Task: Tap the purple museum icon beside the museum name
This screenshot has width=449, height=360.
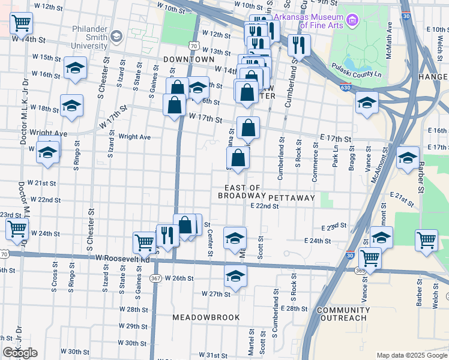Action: [352, 22]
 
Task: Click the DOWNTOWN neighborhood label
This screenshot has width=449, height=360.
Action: [188, 60]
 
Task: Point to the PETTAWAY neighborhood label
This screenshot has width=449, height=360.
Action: [292, 197]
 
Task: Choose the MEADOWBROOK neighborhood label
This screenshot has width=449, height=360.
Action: [206, 317]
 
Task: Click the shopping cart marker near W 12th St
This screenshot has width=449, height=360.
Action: [21, 23]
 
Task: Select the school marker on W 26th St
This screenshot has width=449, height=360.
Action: [235, 277]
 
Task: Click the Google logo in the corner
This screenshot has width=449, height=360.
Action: [20, 353]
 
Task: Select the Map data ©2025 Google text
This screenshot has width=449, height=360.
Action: [411, 355]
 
